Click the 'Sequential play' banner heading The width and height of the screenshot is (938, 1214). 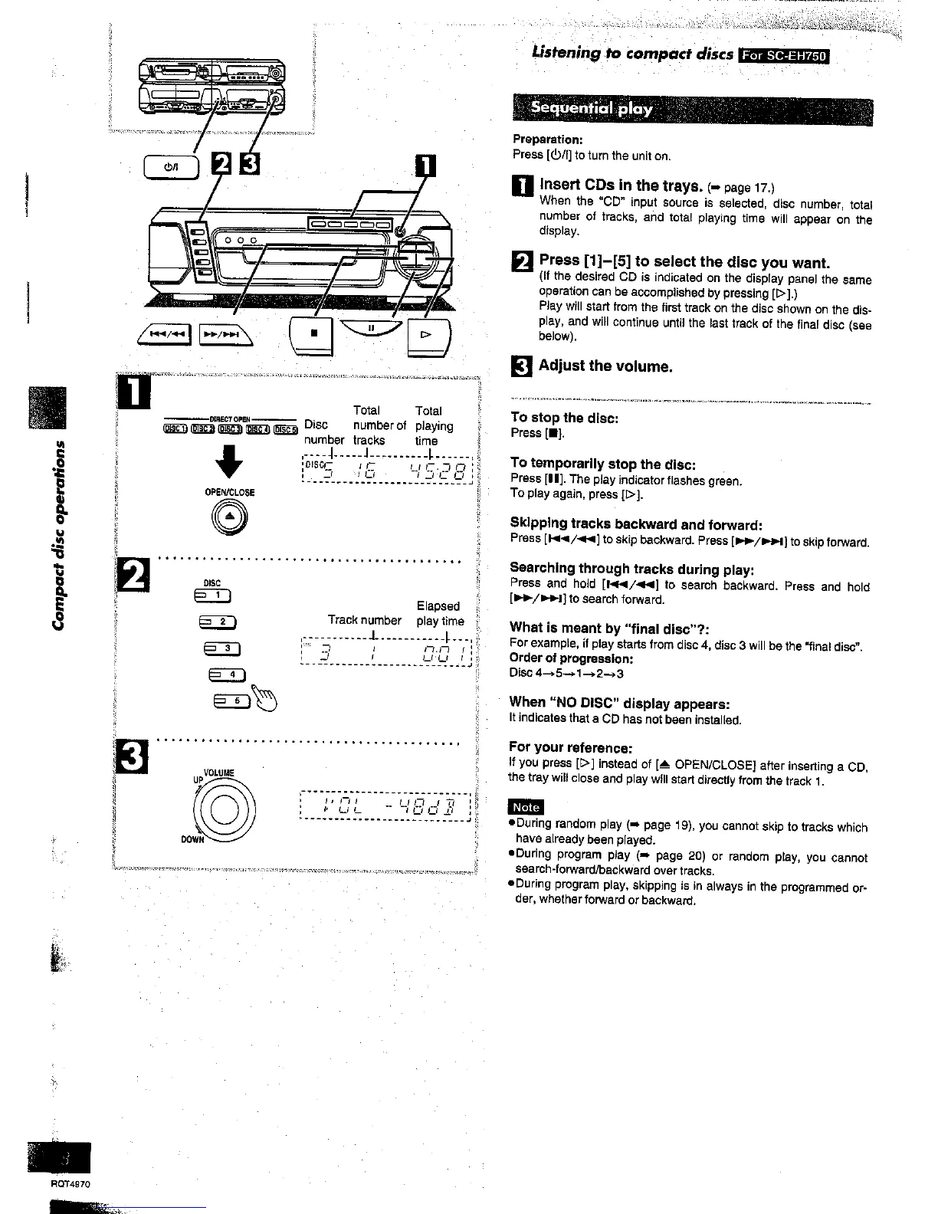(x=592, y=108)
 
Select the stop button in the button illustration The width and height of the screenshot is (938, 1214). (x=314, y=335)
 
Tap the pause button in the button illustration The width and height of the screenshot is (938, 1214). (x=370, y=328)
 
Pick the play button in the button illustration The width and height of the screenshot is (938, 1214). (x=428, y=335)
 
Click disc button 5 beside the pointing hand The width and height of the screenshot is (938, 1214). (x=235, y=701)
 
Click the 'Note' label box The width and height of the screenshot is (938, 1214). (x=526, y=807)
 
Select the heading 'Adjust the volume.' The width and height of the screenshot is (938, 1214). (x=605, y=366)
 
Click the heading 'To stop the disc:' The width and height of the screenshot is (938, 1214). (x=564, y=418)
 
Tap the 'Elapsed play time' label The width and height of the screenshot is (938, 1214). (x=440, y=613)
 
